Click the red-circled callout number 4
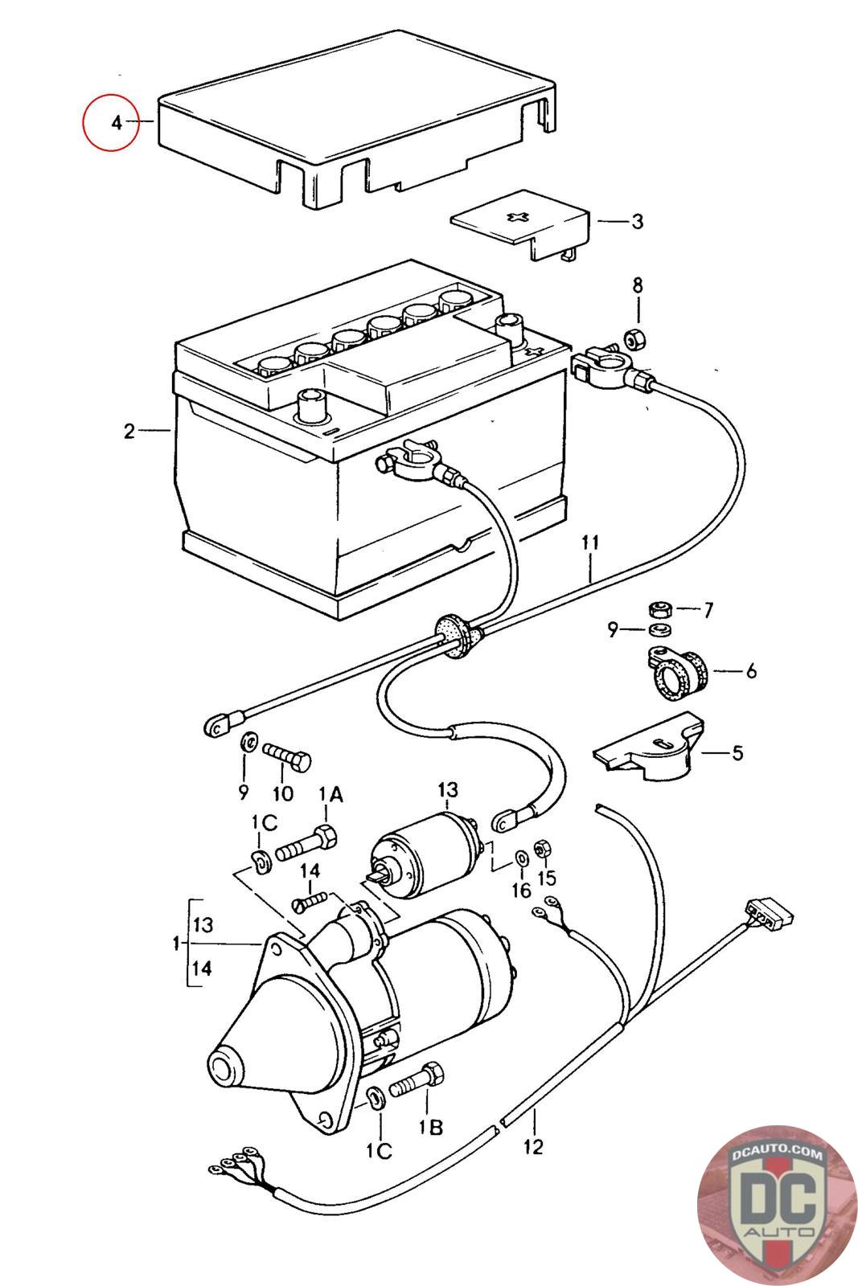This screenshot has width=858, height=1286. [x=116, y=123]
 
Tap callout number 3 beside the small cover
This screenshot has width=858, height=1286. [x=637, y=221]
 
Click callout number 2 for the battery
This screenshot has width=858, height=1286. [x=129, y=432]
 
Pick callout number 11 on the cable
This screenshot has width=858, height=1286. [x=590, y=543]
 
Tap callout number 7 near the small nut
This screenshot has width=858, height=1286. [x=708, y=611]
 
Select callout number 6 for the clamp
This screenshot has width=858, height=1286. [x=750, y=670]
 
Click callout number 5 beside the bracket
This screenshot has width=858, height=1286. [x=737, y=753]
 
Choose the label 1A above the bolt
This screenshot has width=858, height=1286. [x=331, y=795]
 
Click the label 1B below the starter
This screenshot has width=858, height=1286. [x=429, y=1128]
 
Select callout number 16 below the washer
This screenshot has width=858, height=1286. [x=521, y=890]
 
